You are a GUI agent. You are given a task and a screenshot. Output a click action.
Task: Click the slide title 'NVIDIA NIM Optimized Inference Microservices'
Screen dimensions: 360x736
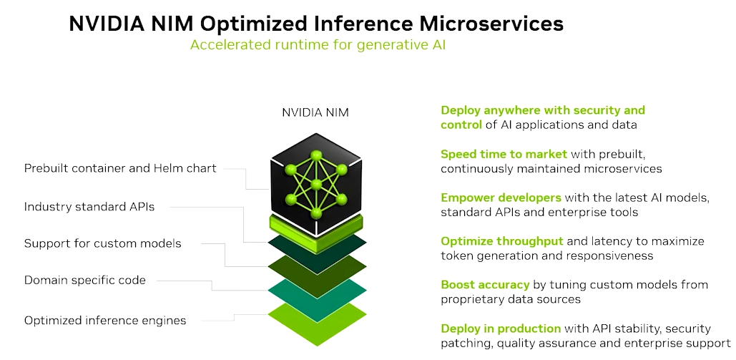point(315,24)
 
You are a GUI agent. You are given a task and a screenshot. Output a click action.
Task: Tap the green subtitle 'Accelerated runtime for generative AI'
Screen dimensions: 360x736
point(318,44)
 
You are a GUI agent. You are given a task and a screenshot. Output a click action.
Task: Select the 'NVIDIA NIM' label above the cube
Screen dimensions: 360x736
point(315,112)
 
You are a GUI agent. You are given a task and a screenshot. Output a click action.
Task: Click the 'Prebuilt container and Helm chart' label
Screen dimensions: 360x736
point(120,168)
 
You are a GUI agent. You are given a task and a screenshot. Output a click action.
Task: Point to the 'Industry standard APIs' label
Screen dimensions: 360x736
point(89,207)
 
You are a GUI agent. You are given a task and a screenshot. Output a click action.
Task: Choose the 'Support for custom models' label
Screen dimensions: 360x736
point(103,243)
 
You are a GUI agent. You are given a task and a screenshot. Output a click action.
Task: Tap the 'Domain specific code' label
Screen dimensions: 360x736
point(85,281)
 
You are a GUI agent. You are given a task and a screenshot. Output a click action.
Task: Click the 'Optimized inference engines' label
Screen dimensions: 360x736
point(105,321)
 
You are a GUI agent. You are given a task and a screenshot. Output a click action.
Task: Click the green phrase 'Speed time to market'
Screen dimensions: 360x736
point(504,154)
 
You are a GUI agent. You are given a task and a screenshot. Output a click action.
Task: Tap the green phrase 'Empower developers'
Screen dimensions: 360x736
point(501,198)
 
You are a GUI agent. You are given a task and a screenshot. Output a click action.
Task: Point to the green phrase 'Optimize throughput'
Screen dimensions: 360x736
point(502,241)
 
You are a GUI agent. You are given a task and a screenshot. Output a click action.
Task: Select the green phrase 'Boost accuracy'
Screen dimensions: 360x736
point(485,285)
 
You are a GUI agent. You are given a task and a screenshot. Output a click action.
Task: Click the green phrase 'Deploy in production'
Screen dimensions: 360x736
point(501,329)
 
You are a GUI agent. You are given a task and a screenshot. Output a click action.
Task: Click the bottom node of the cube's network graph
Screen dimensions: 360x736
point(316,213)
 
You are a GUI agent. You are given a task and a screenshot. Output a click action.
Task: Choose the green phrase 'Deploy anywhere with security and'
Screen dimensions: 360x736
point(543,110)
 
